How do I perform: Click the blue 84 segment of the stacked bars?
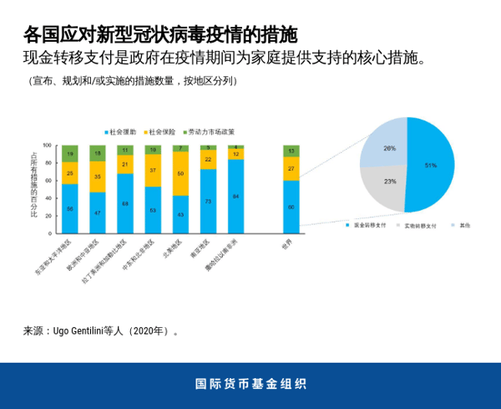(x=235, y=197)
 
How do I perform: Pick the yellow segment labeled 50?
(x=180, y=174)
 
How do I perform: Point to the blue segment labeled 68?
(x=125, y=203)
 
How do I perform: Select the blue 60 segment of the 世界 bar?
(x=291, y=207)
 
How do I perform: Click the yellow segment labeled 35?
(x=98, y=176)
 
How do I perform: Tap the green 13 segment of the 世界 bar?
(x=291, y=151)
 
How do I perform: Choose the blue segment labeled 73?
(x=208, y=202)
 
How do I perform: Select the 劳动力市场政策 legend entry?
(x=209, y=132)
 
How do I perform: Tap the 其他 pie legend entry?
(x=462, y=225)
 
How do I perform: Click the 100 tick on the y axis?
(x=47, y=146)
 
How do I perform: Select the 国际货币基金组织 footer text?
(x=250, y=385)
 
